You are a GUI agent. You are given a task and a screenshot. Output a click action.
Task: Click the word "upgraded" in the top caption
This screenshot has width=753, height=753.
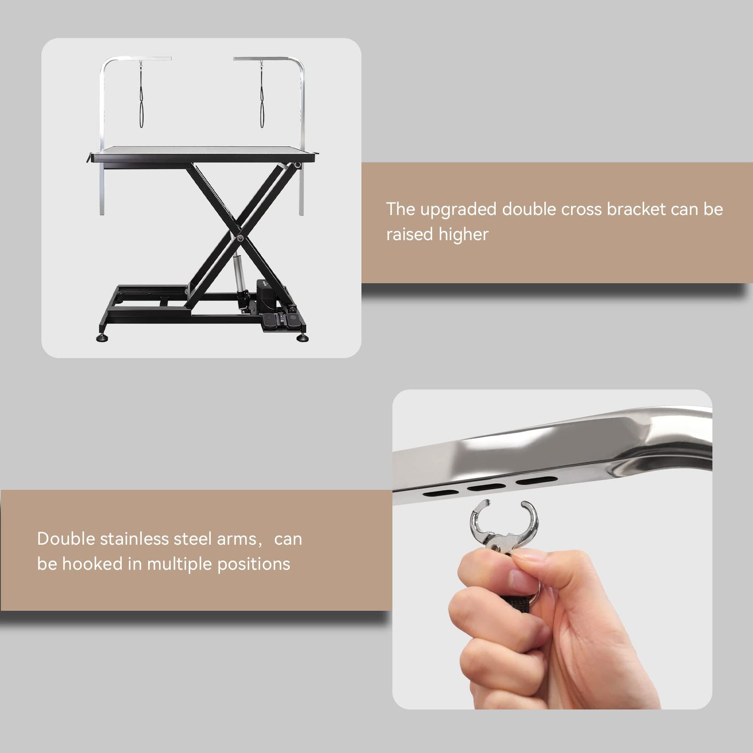pyautogui.click(x=458, y=210)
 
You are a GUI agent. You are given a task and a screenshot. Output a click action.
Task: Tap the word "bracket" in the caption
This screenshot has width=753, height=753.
pyautogui.click(x=636, y=209)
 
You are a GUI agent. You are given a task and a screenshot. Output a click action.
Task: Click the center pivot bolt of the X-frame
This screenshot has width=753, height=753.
pyautogui.click(x=240, y=238)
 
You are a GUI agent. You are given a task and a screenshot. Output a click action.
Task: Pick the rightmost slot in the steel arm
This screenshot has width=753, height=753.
pyautogui.click(x=536, y=480)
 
